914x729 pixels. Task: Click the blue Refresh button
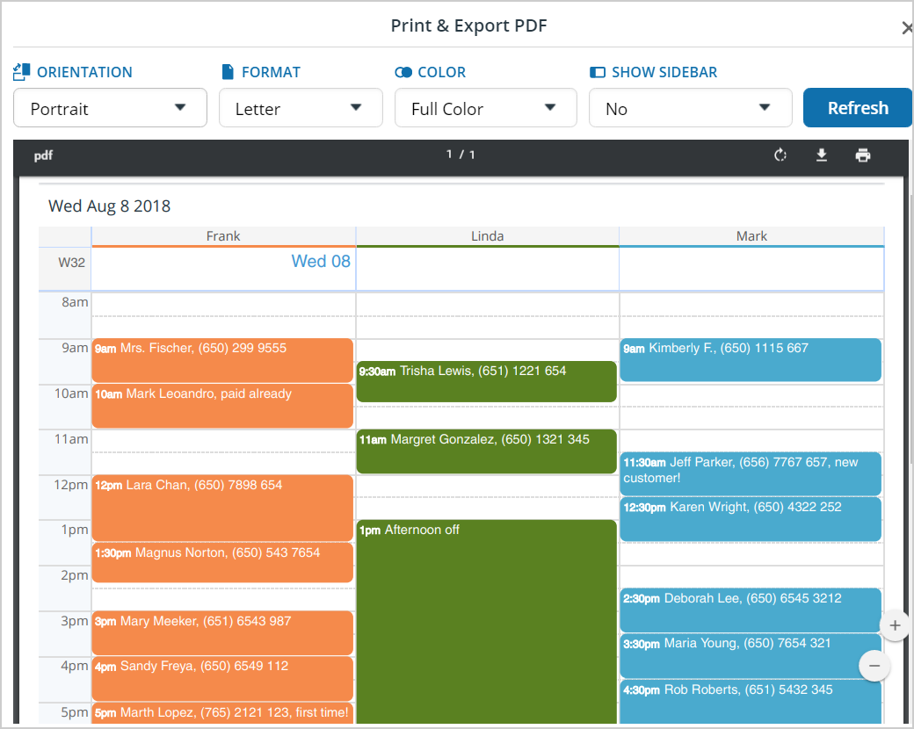point(857,108)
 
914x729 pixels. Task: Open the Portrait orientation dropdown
point(110,108)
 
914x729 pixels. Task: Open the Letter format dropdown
point(301,108)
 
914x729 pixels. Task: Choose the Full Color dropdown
point(485,108)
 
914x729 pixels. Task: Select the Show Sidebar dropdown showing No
point(690,108)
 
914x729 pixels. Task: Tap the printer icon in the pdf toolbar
point(863,155)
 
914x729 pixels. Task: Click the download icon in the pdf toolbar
point(822,155)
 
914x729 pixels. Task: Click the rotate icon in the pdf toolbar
point(780,155)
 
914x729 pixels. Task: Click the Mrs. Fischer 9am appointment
point(222,360)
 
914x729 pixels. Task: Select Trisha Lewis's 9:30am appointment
point(486,381)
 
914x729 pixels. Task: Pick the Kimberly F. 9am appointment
point(751,359)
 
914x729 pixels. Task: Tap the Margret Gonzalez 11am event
point(486,451)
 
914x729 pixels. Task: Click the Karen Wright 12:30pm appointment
point(751,518)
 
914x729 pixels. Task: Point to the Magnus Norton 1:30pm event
point(222,562)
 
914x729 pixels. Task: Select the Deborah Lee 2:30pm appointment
point(751,610)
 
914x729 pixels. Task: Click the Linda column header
point(487,235)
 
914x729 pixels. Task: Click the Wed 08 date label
point(321,261)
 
